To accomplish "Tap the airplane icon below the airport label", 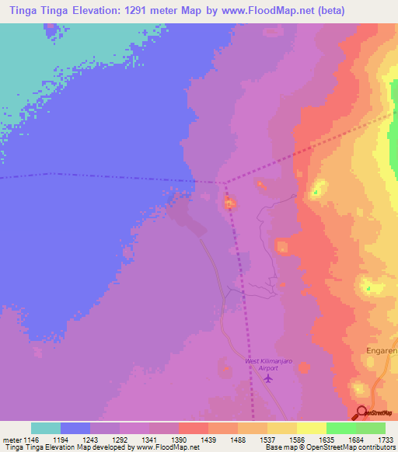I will pos(269,379).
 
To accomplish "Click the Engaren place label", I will pos(382,351).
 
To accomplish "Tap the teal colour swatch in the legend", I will pos(46,428).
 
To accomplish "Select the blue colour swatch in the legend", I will pos(75,428).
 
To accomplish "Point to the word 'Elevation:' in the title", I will pos(108,10).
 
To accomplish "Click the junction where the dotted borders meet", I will pos(224,183).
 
